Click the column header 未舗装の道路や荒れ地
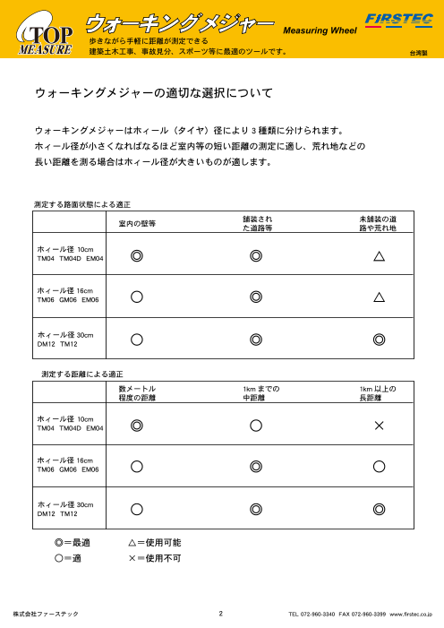pos(379,224)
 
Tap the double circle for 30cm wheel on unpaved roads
pos(380,340)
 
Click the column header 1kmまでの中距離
pos(256,394)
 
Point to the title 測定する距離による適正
pos(83,372)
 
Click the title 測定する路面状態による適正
pos(81,204)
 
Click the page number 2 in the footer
pos(219,614)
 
